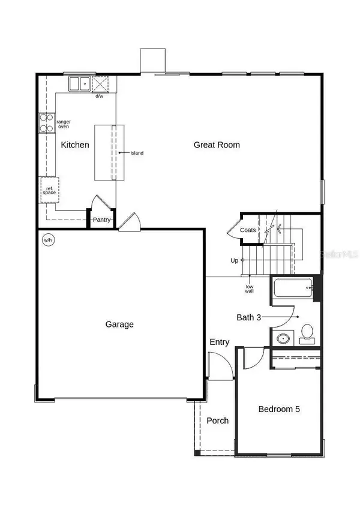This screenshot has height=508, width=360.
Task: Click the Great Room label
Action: point(217,145)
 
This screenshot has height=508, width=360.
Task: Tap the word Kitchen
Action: point(75,145)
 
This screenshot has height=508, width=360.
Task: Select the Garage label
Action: point(119,324)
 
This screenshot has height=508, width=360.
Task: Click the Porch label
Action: point(217,420)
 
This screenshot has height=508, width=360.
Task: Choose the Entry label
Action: point(219,342)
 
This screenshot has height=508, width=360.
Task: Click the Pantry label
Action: point(101,220)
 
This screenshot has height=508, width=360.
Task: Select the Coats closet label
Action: point(248,230)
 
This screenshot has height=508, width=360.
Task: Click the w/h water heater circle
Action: point(47,240)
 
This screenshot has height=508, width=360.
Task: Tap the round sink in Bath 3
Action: point(283,339)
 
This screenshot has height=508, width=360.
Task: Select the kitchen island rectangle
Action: point(109,152)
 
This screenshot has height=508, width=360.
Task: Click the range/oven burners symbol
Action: point(47,123)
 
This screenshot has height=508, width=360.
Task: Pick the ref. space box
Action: point(50,190)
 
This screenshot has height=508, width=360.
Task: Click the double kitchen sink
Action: point(79,83)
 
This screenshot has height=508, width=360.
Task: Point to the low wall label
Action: point(249,288)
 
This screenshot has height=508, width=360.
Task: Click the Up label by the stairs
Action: point(235,260)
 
